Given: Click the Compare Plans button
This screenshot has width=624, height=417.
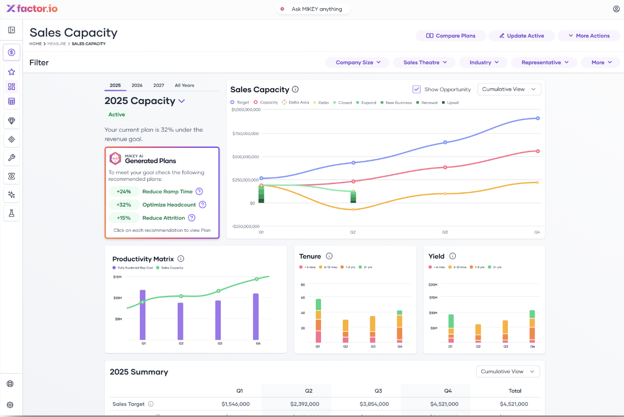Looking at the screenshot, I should click(451, 36).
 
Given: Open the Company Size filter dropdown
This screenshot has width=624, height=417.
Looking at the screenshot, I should click(358, 63).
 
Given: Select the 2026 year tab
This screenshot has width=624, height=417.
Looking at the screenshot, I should click(137, 85).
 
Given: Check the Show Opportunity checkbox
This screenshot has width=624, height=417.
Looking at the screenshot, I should click(417, 89).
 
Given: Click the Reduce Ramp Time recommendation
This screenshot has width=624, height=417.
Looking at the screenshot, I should click(167, 191).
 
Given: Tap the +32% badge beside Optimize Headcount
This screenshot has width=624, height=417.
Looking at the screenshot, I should click(124, 205).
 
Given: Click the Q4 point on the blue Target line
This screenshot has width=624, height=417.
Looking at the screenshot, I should click(538, 118).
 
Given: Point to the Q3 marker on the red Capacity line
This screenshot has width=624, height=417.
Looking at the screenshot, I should click(445, 167).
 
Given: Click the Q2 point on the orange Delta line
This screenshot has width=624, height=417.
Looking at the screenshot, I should click(354, 209).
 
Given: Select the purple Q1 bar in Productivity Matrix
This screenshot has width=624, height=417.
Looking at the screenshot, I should click(143, 315).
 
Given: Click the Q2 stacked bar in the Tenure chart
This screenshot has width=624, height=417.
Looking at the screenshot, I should click(345, 331).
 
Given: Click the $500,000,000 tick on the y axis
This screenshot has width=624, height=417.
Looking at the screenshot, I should click(246, 156).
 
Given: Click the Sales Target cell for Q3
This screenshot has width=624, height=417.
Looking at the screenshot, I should click(374, 404).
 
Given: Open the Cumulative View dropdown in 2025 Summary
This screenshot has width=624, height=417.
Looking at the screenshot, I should click(508, 372).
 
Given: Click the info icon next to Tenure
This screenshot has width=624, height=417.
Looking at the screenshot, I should click(329, 256).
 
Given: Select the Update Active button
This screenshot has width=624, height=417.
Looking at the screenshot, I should click(522, 36).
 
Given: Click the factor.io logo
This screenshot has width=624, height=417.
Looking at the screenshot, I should click(32, 9).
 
